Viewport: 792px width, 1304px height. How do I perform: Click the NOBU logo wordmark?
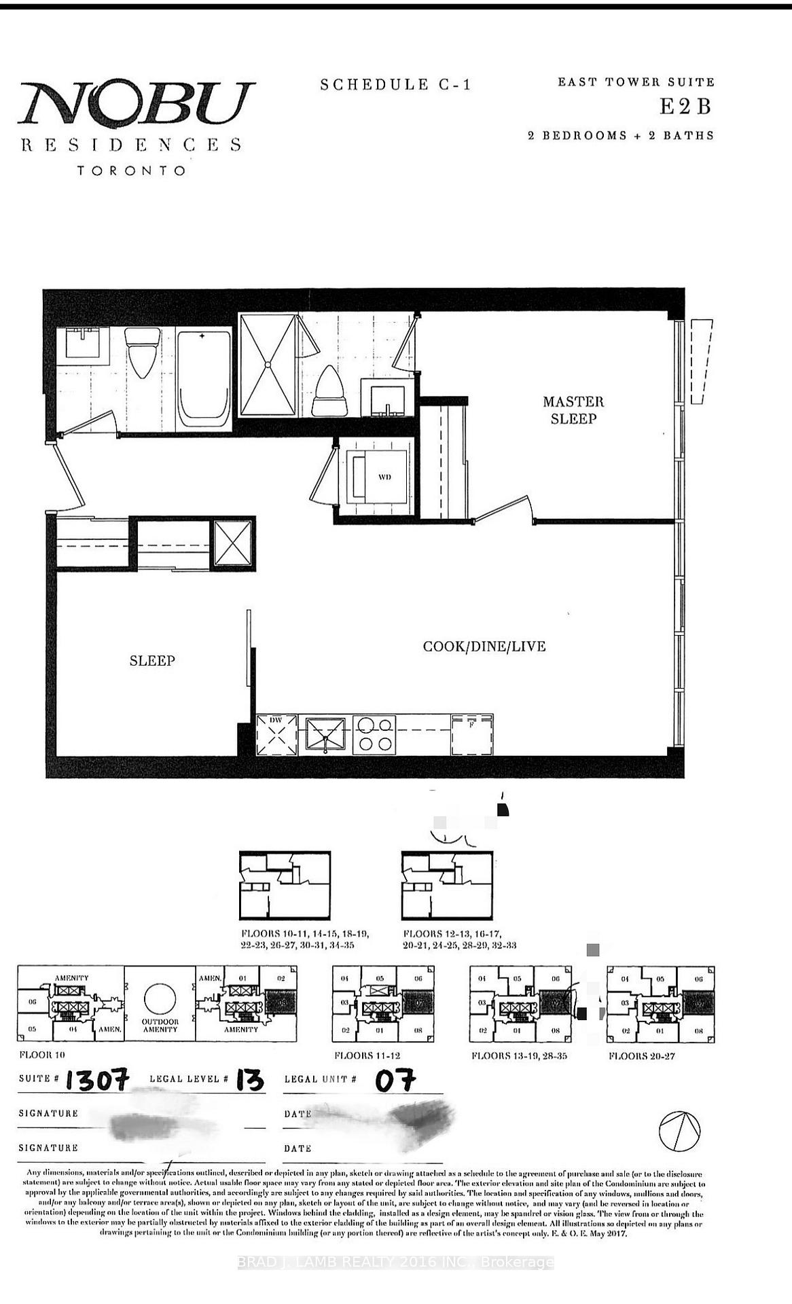(136, 103)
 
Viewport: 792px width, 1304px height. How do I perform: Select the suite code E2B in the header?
(686, 107)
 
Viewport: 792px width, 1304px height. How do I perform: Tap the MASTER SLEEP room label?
(573, 410)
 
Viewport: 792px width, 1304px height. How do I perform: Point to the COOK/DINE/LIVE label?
(484, 646)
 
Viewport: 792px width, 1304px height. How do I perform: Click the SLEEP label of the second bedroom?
(152, 660)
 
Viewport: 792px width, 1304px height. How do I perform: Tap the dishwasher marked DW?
(277, 734)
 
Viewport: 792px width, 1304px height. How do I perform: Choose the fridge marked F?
(472, 734)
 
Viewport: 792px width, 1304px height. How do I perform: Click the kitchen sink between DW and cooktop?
(326, 736)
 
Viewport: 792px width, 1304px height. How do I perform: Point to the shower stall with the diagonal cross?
(268, 365)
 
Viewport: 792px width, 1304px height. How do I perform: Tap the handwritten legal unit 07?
(395, 1080)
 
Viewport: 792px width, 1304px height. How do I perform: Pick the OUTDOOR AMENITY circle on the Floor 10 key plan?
(160, 998)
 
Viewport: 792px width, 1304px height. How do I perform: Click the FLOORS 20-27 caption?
(641, 1056)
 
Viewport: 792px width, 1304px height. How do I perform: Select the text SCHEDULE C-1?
(395, 85)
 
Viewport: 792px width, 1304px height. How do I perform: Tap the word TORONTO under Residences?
(131, 170)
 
